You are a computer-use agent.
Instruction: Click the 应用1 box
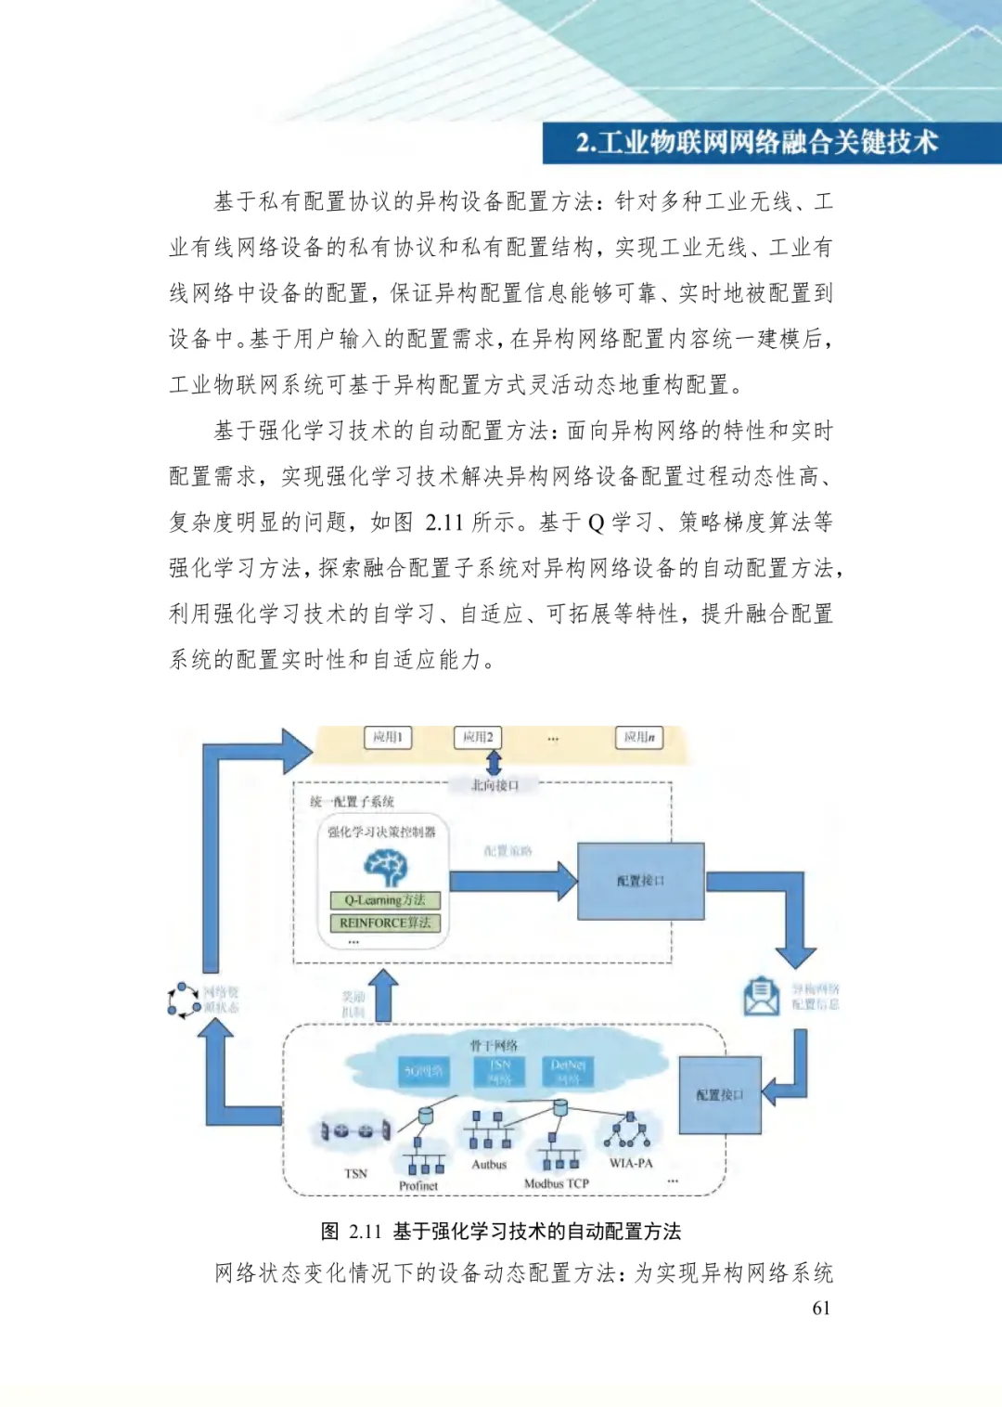[x=388, y=737]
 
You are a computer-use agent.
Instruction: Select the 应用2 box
[x=478, y=737]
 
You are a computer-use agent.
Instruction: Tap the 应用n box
[x=639, y=738]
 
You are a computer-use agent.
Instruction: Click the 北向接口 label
[x=495, y=785]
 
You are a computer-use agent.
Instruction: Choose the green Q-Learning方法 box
[x=385, y=900]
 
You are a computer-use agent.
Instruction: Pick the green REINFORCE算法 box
[x=385, y=923]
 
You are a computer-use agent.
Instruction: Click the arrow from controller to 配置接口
[x=513, y=881]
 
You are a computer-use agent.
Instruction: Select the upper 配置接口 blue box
[x=640, y=881]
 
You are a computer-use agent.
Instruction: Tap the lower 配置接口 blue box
[x=720, y=1095]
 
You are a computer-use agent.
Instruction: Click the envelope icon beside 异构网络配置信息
[x=762, y=997]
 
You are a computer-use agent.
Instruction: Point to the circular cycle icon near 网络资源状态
[x=184, y=1000]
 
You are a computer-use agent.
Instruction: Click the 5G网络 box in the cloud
[x=423, y=1071]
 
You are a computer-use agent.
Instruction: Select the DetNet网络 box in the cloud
[x=568, y=1071]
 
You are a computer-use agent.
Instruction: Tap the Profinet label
[x=418, y=1186]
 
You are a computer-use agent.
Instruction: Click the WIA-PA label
[x=631, y=1163]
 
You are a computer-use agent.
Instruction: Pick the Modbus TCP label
[x=557, y=1184]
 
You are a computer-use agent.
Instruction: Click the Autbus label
[x=489, y=1165]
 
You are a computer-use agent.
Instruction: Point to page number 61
[x=821, y=1308]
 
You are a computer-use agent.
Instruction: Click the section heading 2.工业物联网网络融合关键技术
[x=756, y=143]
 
